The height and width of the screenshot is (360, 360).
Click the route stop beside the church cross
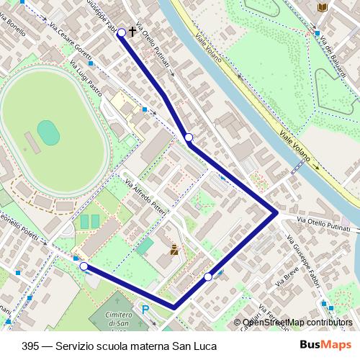[122, 32]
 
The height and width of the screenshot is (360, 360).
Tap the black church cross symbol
[132, 32]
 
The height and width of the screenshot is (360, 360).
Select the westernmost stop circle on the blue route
[84, 267]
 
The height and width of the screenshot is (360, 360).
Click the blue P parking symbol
[145, 310]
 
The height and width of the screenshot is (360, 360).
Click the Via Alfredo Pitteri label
[146, 198]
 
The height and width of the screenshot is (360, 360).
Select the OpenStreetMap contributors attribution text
[297, 323]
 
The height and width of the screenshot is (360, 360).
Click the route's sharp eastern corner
[276, 212]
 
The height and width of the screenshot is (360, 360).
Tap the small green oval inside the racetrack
[48, 131]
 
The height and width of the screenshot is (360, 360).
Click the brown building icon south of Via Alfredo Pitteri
[174, 251]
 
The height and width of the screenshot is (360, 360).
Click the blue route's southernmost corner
[174, 307]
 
